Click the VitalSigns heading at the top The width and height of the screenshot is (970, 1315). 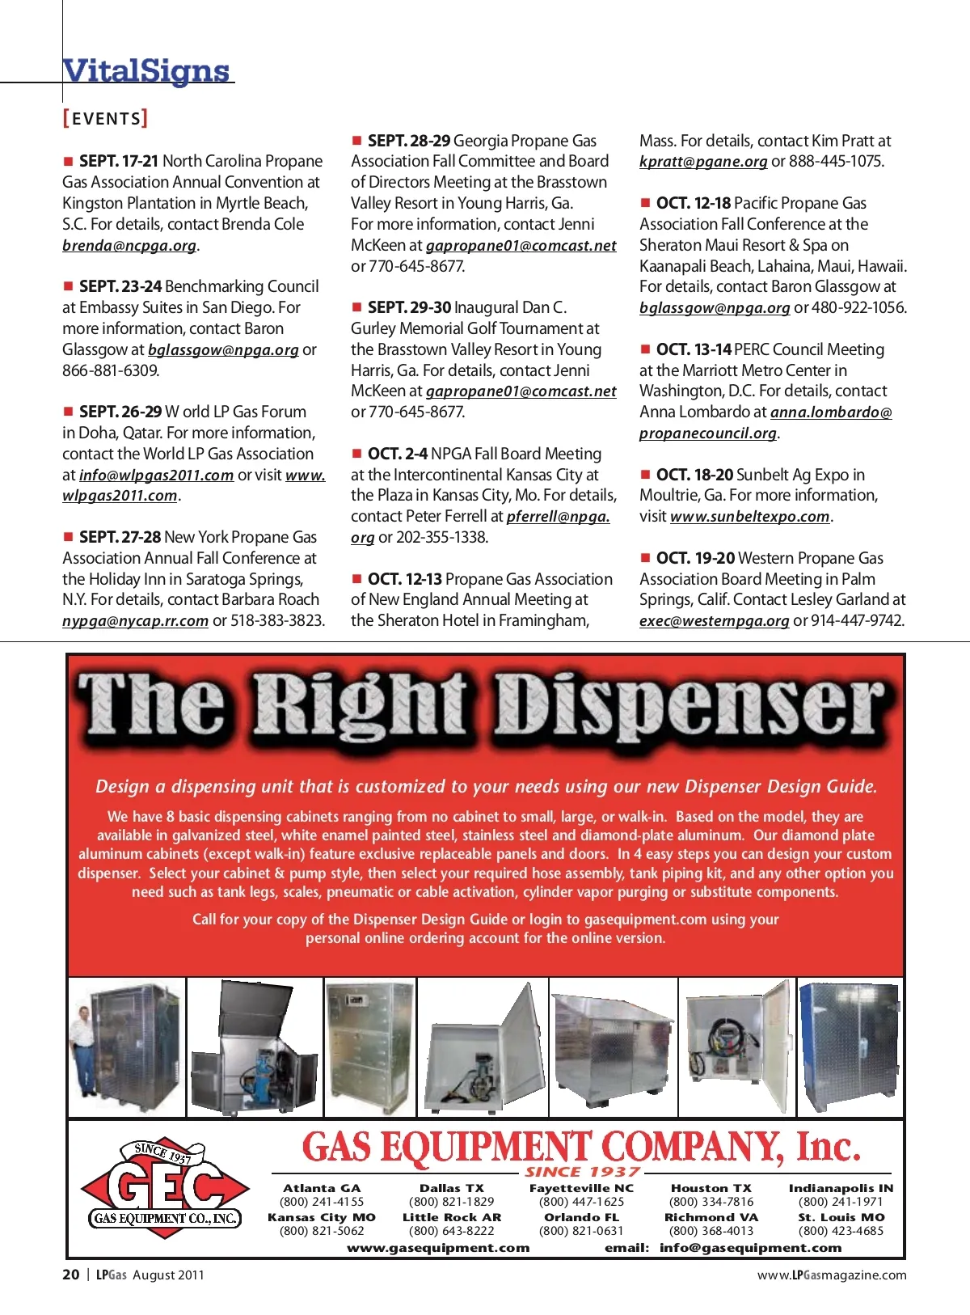146,71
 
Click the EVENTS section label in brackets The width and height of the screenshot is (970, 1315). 105,119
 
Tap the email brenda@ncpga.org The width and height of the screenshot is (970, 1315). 129,246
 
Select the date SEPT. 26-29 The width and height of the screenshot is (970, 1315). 120,412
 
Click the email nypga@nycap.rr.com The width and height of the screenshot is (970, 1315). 135,621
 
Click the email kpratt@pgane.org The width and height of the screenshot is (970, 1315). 702,162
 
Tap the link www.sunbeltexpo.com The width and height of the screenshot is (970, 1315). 750,517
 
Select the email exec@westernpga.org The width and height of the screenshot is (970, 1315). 714,621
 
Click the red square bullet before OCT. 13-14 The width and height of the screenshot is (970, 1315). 645,349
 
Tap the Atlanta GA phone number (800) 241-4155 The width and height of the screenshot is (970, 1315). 322,1202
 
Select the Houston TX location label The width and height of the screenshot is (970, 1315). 711,1188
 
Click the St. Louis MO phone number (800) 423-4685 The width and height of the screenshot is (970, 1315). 841,1231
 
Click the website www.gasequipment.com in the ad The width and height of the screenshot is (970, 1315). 438,1248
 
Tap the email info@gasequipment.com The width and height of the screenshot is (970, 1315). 750,1248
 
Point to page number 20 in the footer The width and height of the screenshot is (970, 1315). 71,1275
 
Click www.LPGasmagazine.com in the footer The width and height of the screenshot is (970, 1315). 832,1275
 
